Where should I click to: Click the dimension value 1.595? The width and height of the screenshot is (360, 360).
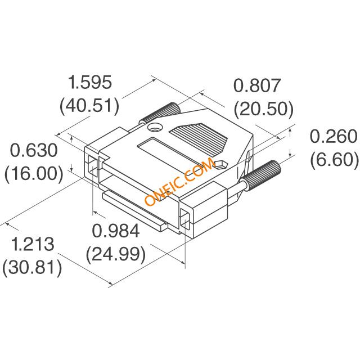pyautogui.click(x=90, y=82)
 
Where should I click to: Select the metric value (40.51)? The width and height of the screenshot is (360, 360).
pyautogui.click(x=89, y=106)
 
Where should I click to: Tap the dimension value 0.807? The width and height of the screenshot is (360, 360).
pyautogui.click(x=257, y=85)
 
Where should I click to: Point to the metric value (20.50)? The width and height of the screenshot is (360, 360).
pyautogui.click(x=264, y=109)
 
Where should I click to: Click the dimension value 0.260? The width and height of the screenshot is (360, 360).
pyautogui.click(x=334, y=136)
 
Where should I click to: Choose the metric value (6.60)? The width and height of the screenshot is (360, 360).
pyautogui.click(x=334, y=159)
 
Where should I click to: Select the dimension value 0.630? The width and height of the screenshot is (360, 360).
pyautogui.click(x=34, y=150)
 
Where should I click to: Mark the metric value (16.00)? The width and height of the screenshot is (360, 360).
pyautogui.click(x=34, y=173)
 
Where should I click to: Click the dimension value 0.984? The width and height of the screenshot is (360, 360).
pyautogui.click(x=116, y=231)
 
